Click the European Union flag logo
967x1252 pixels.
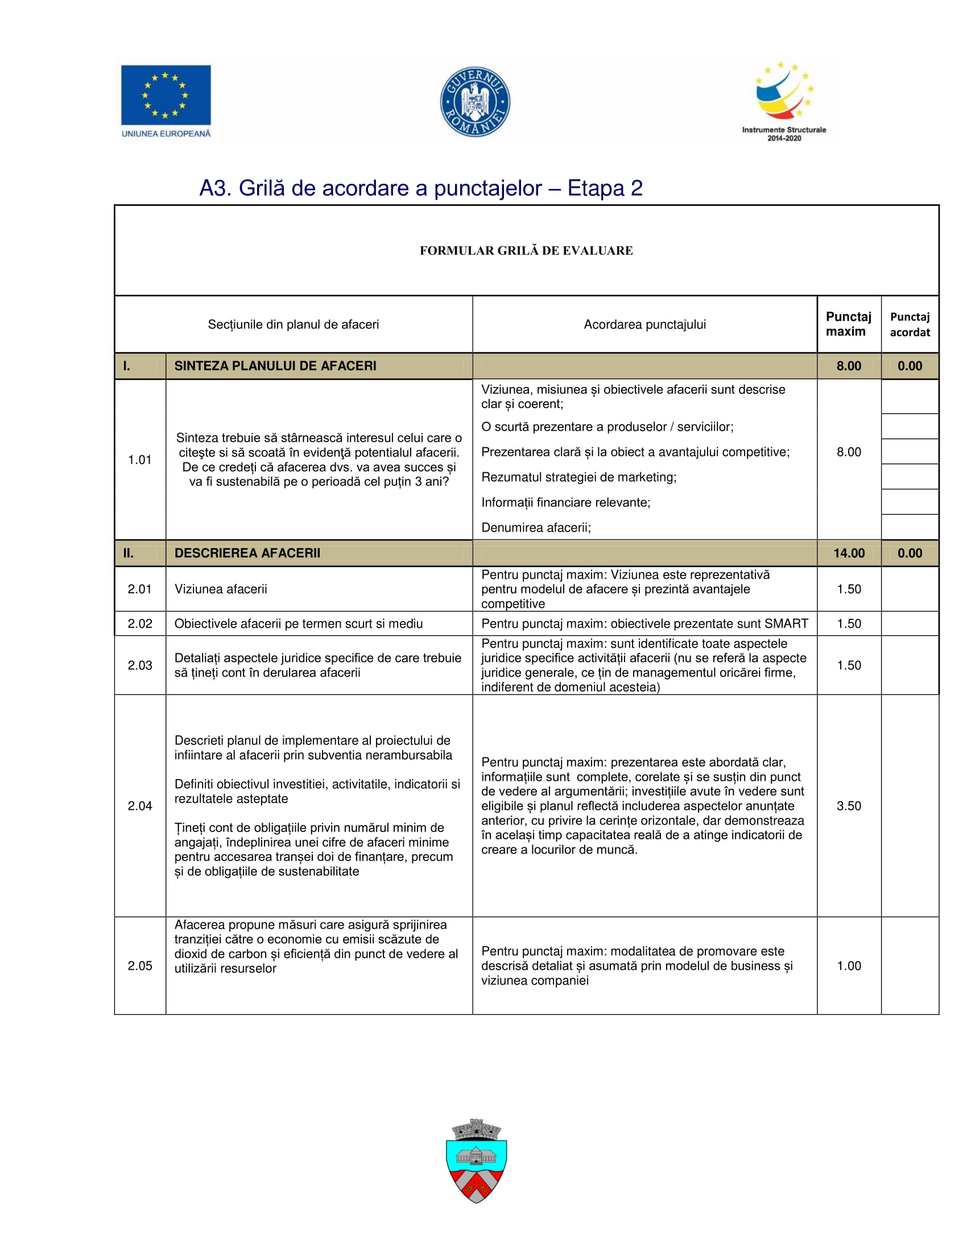click(x=166, y=95)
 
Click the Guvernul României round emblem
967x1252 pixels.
click(x=475, y=102)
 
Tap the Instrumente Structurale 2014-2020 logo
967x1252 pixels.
click(x=784, y=101)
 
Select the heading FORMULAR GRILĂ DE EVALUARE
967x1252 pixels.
click(x=526, y=250)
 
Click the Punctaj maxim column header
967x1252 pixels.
click(x=848, y=324)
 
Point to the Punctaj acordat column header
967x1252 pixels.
click(x=910, y=324)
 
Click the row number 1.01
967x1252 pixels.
click(x=140, y=460)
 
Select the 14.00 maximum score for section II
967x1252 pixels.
click(x=849, y=553)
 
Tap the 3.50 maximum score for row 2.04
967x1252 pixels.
click(x=849, y=806)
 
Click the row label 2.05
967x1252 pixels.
click(x=140, y=966)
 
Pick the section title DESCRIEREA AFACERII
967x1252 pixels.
click(x=247, y=553)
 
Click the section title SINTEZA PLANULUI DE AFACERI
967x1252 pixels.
click(x=275, y=366)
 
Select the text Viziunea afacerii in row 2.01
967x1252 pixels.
click(x=221, y=590)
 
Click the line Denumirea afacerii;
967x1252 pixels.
click(x=536, y=528)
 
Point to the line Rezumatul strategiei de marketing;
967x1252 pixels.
click(x=578, y=477)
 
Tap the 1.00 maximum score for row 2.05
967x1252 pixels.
click(x=849, y=966)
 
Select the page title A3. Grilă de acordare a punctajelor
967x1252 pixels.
click(x=420, y=188)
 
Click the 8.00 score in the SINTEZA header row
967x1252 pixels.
click(x=849, y=366)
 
